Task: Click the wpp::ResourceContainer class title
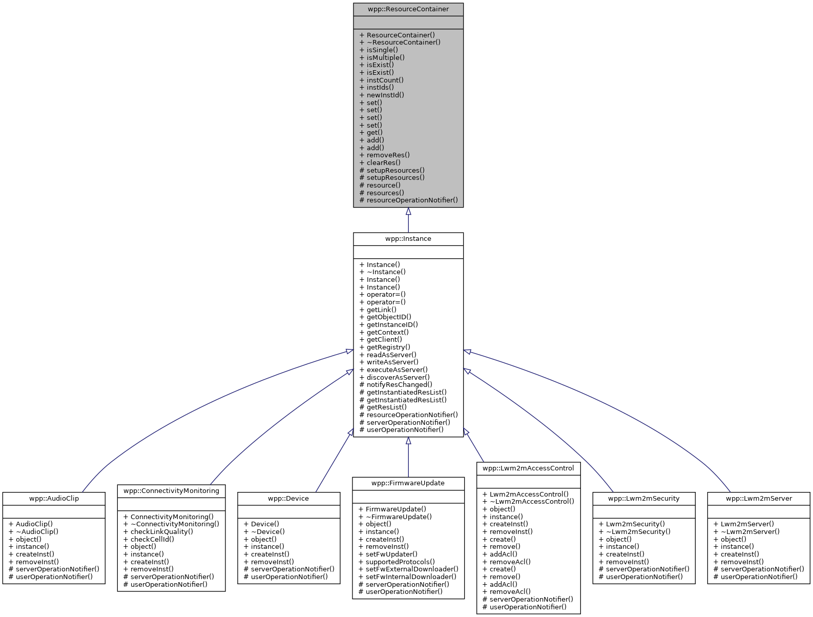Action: click(408, 9)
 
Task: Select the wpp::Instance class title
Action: click(408, 239)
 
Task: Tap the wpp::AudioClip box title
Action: click(54, 499)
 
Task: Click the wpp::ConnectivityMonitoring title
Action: click(172, 491)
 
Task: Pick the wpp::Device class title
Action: click(288, 499)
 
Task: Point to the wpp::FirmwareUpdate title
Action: click(408, 483)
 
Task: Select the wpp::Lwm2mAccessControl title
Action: click(528, 468)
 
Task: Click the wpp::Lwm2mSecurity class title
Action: click(643, 499)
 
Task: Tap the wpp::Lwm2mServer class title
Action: click(759, 499)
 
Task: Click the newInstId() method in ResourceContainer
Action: click(385, 95)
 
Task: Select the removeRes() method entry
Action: click(388, 155)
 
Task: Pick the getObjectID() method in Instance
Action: click(388, 317)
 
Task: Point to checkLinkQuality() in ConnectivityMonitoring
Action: click(161, 532)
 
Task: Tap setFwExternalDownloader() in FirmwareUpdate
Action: click(411, 569)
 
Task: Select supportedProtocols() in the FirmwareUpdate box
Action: click(400, 562)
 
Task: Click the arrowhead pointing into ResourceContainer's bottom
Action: click(408, 212)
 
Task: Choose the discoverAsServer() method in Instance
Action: click(398, 377)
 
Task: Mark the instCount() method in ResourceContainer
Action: click(385, 80)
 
